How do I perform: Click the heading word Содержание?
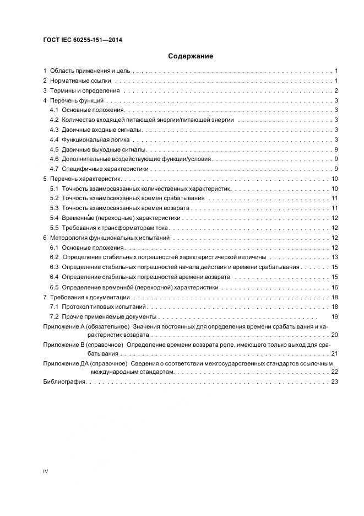coord(190,56)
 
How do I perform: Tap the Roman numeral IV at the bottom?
coord(46,471)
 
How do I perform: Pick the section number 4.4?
coord(54,139)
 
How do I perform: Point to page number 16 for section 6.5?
coord(334,287)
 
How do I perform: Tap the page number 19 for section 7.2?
coord(334,316)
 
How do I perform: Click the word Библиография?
coord(64,382)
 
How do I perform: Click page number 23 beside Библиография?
coord(334,382)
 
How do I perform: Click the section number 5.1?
coord(54,189)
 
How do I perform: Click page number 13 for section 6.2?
coord(334,257)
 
